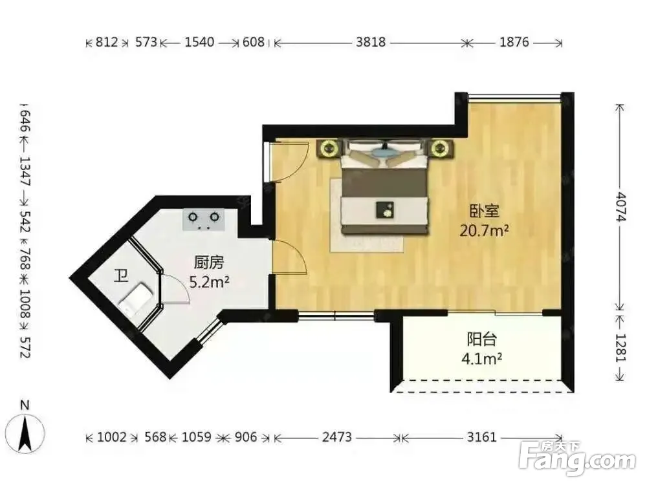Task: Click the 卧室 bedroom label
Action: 485,211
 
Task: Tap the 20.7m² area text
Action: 484,230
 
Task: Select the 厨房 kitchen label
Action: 209,263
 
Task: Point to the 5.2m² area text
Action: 209,282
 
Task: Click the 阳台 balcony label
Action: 481,339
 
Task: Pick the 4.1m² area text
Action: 481,359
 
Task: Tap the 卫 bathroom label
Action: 120,275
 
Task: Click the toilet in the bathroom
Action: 136,299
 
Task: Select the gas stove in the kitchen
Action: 204,220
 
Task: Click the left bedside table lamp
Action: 329,148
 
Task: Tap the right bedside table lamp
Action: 440,148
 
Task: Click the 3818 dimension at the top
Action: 371,42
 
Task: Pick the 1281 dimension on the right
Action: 620,347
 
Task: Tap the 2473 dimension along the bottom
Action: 336,436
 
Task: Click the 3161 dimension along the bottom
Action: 481,436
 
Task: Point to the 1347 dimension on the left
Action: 25,171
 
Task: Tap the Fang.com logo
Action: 577,458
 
